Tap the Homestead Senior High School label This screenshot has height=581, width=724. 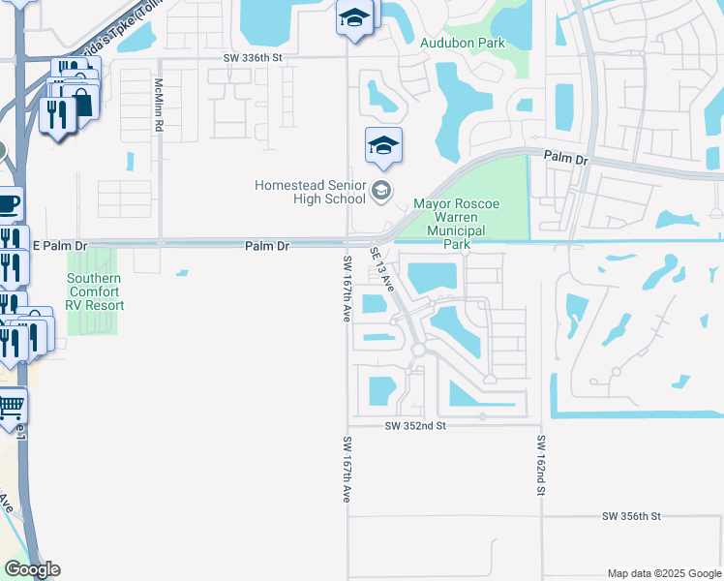click(310, 192)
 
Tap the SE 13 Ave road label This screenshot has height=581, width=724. click(381, 268)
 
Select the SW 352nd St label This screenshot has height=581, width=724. click(414, 425)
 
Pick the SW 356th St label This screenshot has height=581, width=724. click(630, 517)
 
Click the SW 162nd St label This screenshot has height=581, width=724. click(541, 466)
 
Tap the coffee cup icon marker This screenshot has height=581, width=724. click(8, 204)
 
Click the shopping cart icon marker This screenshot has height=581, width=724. click(10, 407)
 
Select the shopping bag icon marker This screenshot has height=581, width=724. click(83, 101)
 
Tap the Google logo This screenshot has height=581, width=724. click(31, 569)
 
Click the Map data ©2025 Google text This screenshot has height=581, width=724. click(663, 573)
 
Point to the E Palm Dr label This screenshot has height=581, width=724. click(60, 247)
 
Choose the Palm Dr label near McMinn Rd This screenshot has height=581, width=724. click(267, 247)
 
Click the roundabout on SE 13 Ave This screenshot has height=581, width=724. click(419, 349)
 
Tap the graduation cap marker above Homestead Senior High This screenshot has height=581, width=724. click(383, 146)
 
